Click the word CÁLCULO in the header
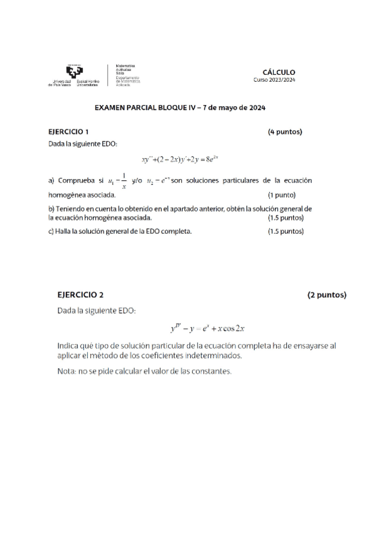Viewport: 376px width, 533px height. point(279,72)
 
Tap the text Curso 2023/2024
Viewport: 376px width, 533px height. point(274,80)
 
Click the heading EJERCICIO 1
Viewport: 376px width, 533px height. point(69,132)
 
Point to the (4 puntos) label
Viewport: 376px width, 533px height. point(285,132)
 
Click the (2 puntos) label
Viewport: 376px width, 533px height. point(326,294)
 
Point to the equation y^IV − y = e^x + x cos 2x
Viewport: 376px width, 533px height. point(208,328)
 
